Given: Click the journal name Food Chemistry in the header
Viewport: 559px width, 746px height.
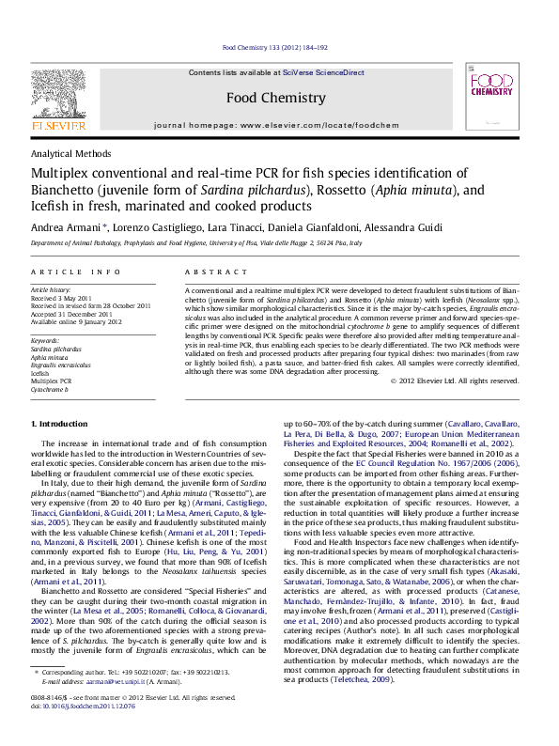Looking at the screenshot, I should coord(276,98).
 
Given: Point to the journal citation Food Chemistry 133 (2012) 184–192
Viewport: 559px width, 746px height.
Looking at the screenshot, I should coord(274,47).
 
